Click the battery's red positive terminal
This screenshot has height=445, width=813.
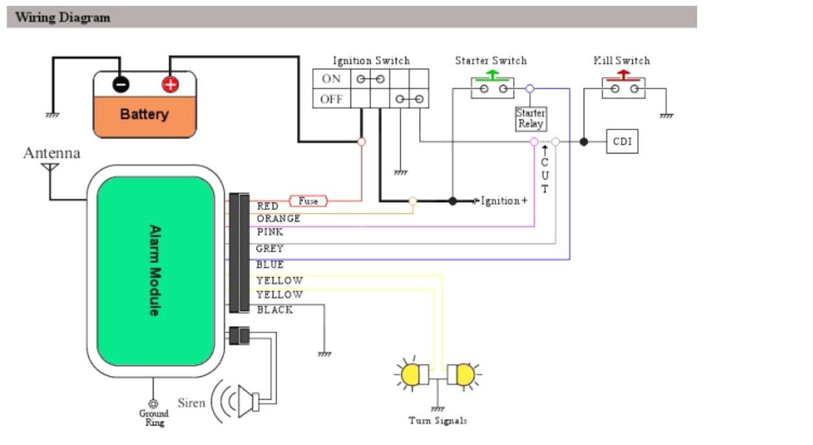click(x=170, y=84)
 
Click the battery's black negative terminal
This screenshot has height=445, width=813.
click(x=120, y=84)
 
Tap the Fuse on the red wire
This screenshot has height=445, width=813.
click(x=308, y=201)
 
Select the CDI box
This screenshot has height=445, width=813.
click(x=622, y=142)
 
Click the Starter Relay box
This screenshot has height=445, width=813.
click(x=531, y=119)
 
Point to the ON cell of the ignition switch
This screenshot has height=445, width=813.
click(x=331, y=79)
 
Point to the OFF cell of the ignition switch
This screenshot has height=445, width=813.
click(x=331, y=99)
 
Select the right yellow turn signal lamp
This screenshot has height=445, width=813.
click(x=463, y=374)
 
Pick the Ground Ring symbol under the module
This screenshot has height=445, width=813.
click(x=154, y=404)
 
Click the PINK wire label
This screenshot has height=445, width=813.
click(x=270, y=232)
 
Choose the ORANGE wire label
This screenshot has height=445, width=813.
click(x=279, y=219)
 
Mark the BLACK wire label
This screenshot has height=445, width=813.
click(x=275, y=310)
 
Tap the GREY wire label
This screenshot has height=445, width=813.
click(x=270, y=249)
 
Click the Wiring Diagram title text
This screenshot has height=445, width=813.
click(x=62, y=17)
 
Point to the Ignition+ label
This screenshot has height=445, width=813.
click(x=503, y=201)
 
